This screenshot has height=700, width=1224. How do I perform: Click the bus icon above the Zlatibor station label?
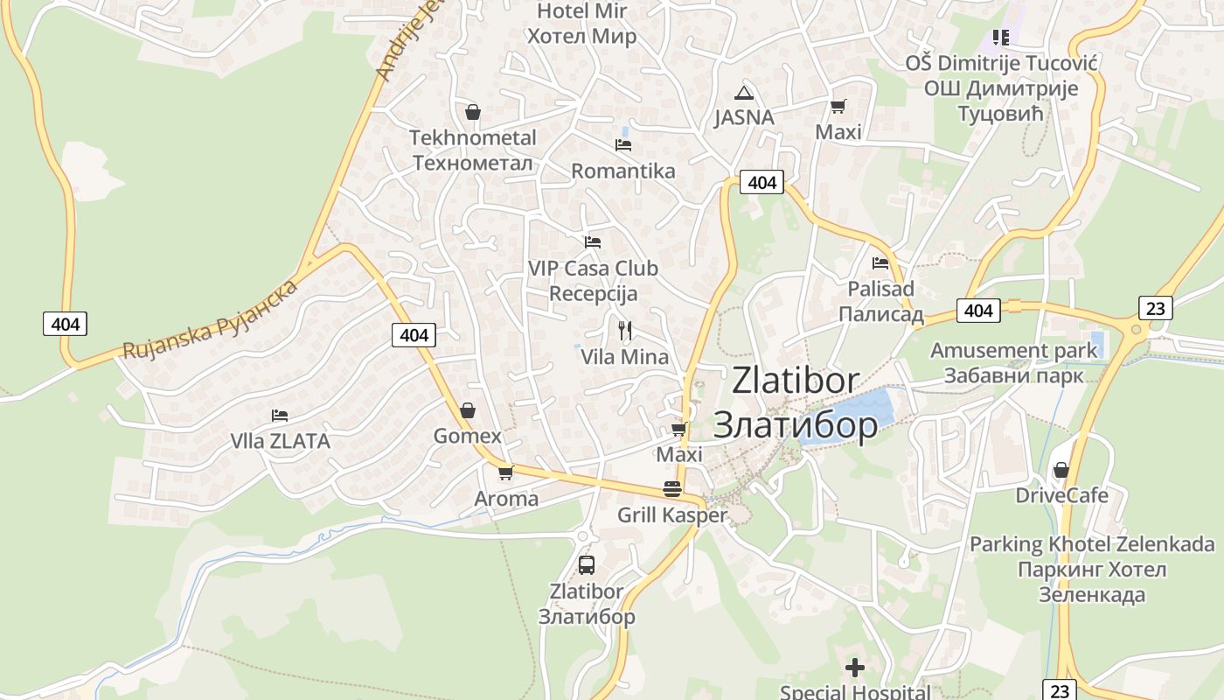point(587,564)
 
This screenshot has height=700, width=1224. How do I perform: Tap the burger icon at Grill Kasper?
point(671,489)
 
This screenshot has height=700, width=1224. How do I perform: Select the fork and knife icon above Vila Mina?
point(624,331)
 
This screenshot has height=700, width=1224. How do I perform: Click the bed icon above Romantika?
point(622,144)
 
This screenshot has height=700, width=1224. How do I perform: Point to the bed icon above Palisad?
point(880,262)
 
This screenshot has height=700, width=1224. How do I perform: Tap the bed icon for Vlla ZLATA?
point(280,415)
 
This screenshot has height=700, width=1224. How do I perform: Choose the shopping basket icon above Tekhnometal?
point(473,112)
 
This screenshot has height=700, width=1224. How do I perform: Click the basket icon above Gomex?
point(468,409)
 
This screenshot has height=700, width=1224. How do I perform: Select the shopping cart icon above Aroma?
point(505,473)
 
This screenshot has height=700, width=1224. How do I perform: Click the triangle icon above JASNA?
point(743,93)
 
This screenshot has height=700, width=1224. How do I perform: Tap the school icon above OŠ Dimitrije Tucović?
point(1000,38)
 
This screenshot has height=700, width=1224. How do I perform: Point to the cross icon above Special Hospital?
point(854,668)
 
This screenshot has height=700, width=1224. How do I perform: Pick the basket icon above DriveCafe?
point(1061,470)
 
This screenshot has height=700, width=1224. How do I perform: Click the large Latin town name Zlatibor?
point(796,381)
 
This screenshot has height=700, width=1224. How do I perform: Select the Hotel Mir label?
point(581,11)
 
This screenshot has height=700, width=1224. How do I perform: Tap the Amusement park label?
point(1013,351)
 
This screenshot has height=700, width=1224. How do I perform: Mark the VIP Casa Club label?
point(593,269)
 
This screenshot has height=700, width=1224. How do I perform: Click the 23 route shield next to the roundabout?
point(1156,307)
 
